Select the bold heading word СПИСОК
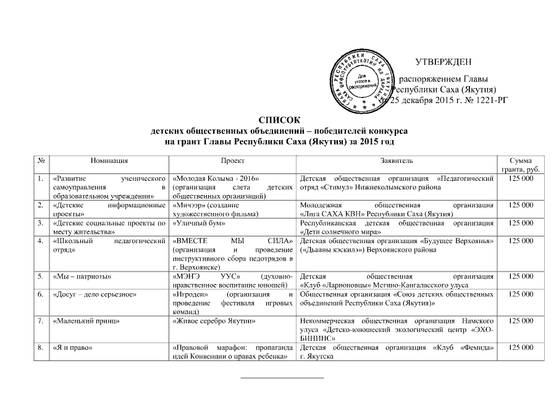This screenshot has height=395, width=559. point(279,122)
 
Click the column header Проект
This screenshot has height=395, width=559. point(232,160)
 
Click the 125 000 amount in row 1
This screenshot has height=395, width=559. point(519,178)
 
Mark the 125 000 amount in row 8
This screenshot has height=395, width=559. point(519,347)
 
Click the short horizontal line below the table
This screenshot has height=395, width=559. point(281,376)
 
